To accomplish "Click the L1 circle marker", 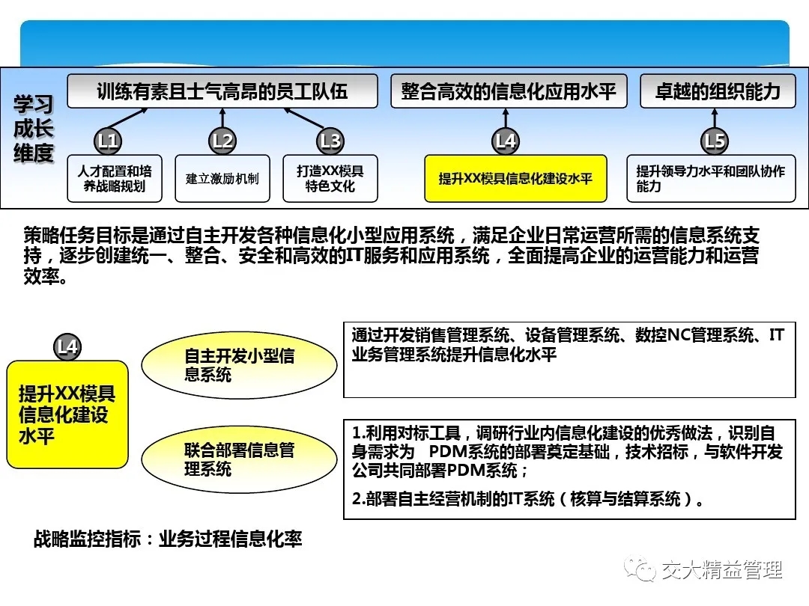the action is point(108,141).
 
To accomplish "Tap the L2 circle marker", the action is point(222,141).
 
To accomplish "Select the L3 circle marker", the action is point(330,141).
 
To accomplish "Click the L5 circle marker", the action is point(715,141).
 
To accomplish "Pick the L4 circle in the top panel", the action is point(506,141).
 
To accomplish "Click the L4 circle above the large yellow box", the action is point(67,347).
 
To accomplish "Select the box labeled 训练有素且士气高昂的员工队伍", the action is point(222,91).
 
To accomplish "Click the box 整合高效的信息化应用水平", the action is point(509,91).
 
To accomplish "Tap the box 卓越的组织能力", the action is point(718,91).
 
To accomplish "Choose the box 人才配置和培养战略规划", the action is point(115,178).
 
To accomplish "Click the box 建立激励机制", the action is point(222,178).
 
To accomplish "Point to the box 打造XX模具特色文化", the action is point(330,178).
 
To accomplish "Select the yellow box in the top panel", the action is point(515,178).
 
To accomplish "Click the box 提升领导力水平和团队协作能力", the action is point(711,178).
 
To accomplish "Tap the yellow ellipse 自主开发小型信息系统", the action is point(240,365).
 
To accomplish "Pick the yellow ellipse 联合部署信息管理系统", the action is point(240,459).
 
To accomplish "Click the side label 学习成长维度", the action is point(34,129).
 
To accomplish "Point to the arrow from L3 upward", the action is point(304,118).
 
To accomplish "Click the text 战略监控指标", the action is point(87,539).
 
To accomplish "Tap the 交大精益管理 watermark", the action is point(703,569).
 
